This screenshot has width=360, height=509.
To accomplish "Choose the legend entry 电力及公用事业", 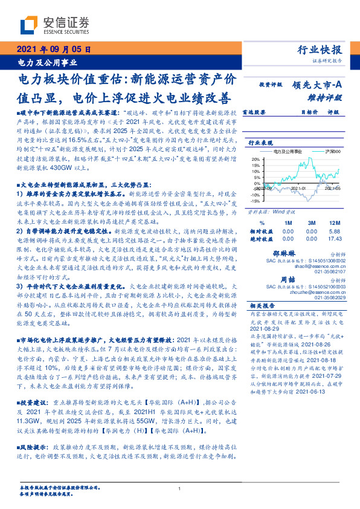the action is [x=284, y=150].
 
